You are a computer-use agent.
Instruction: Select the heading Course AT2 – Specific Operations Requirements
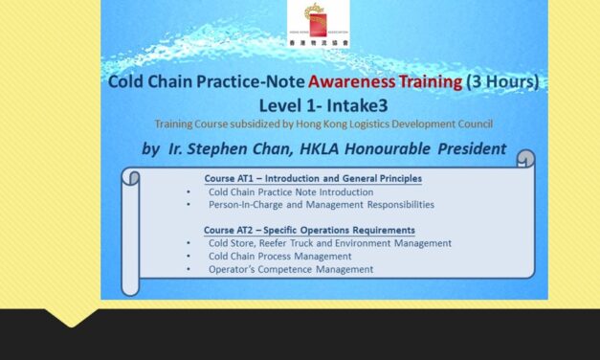309,230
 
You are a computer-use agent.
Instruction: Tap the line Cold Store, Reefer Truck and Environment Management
329,243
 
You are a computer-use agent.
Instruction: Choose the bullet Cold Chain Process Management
279,256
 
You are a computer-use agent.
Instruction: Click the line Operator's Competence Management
291,269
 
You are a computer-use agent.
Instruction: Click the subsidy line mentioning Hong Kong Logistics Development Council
322,123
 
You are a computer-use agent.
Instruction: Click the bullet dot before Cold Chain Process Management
190,257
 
